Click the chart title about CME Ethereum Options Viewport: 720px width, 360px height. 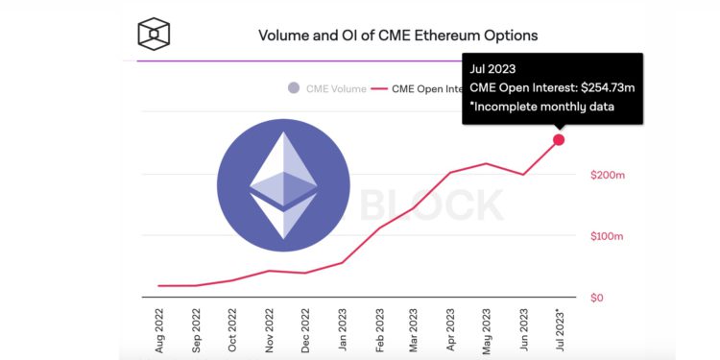[x=397, y=36]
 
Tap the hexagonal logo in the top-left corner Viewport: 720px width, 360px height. [x=154, y=35]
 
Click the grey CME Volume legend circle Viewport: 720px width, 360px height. [x=293, y=88]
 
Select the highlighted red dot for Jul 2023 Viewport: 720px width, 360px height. [x=559, y=140]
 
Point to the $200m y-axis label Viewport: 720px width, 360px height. [x=607, y=176]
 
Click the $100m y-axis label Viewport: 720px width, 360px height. [x=607, y=237]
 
